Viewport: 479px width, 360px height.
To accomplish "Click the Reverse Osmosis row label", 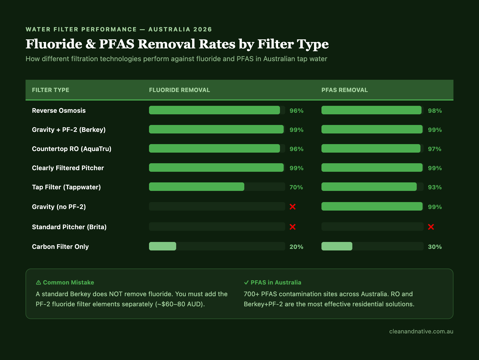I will click(59, 111).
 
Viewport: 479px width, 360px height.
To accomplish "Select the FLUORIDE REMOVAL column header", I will click(179, 90).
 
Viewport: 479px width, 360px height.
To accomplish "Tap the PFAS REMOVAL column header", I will click(344, 90).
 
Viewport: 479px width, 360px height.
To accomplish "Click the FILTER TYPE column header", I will click(51, 90).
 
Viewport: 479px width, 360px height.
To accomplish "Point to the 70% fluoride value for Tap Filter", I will click(296, 187).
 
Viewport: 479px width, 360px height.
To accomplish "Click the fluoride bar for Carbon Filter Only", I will click(163, 246).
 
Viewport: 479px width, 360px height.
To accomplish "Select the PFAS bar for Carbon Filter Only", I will click(337, 246).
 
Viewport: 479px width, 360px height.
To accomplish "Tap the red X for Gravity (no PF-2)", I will click(292, 207).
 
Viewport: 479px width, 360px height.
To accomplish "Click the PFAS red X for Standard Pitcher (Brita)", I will click(431, 227).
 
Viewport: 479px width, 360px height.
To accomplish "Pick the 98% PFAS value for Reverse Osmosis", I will click(435, 111).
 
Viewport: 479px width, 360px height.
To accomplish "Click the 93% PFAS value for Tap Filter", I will click(435, 187).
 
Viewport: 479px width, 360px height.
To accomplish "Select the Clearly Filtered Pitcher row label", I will click(68, 168).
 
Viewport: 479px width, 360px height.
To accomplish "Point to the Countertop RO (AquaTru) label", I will click(72, 149).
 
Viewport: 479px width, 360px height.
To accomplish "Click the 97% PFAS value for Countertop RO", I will click(435, 149).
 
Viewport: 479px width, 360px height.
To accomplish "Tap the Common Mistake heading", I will click(68, 282).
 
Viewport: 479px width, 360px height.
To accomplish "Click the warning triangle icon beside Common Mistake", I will click(39, 282).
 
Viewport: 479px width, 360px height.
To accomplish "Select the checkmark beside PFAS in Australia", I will click(246, 282).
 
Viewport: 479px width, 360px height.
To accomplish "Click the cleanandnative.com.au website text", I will click(421, 331).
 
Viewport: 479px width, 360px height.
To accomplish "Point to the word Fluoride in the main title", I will click(54, 44).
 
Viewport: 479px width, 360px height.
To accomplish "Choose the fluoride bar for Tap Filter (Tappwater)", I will click(196, 187).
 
